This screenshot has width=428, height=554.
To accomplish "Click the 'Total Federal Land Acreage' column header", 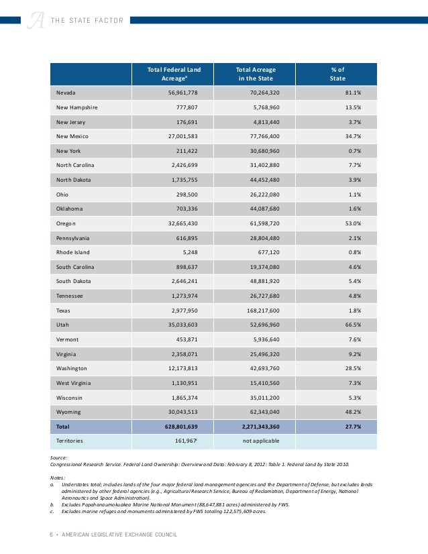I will pos(174,74).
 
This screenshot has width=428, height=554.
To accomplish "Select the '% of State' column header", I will pos(337,74).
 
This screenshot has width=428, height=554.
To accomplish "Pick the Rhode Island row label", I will pos(73,252).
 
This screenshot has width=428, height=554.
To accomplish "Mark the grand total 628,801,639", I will pos(173,427).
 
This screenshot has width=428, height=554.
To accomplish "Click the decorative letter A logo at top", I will pos(36,19).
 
